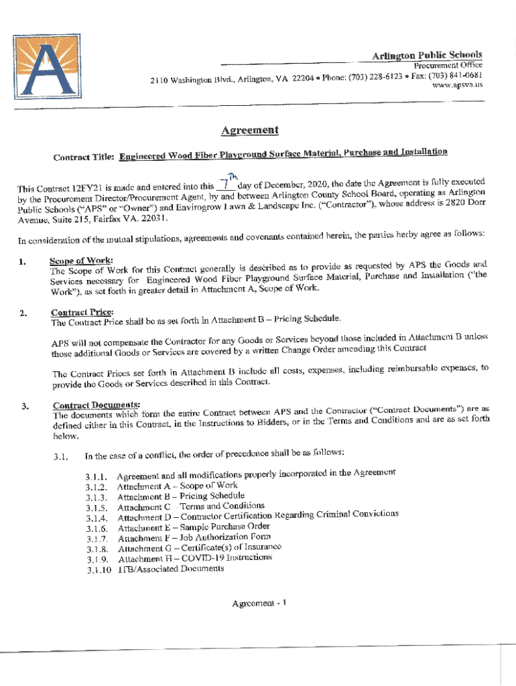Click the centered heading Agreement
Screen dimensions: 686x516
(x=250, y=130)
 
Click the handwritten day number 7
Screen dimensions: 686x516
(x=227, y=184)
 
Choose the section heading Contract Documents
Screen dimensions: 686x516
(x=96, y=405)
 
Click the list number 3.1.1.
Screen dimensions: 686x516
(x=96, y=476)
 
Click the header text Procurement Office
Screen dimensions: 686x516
(x=448, y=65)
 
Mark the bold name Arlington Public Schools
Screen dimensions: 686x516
(x=427, y=55)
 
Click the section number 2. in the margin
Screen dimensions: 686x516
(x=23, y=314)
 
